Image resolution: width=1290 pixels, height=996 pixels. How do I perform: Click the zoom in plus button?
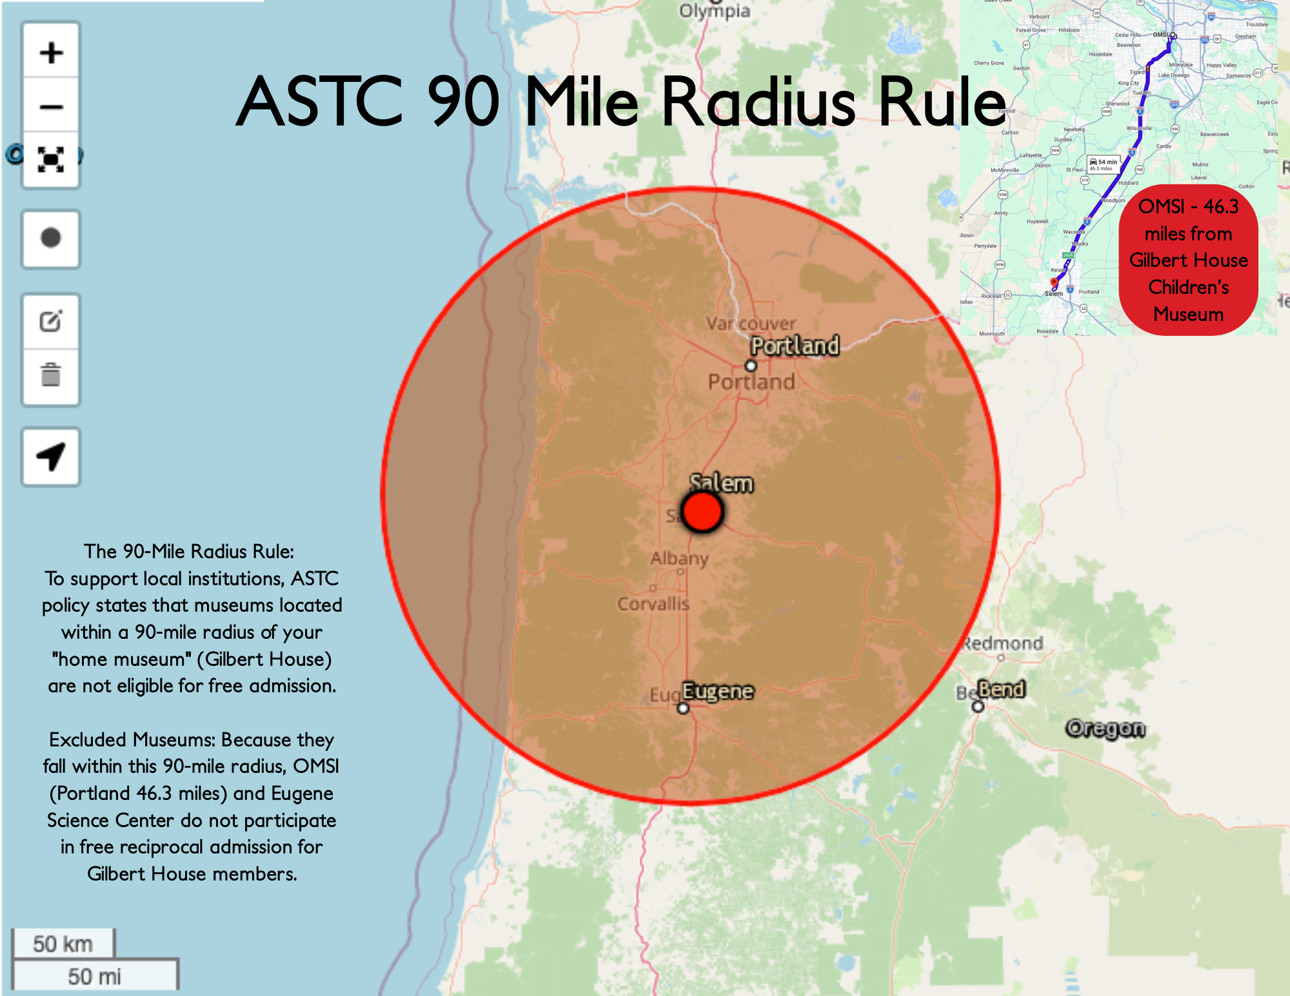(51, 52)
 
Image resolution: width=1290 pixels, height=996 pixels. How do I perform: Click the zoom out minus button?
(51, 106)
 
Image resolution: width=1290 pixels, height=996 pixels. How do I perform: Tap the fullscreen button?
(51, 159)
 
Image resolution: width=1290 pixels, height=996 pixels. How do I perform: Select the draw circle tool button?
(51, 238)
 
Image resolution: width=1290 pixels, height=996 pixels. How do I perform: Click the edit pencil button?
(51, 321)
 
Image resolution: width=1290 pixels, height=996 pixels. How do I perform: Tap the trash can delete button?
(51, 375)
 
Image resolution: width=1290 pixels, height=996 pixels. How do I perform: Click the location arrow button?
(51, 456)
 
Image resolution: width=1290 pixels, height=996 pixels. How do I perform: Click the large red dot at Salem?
(702, 512)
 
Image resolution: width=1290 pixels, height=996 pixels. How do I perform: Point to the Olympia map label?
(715, 12)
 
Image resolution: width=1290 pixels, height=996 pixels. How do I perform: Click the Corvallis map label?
(653, 604)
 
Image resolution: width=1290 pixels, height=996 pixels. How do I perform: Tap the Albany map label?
(679, 558)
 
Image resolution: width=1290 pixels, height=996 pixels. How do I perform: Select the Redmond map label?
(1003, 643)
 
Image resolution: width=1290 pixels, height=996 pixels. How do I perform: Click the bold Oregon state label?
(1106, 728)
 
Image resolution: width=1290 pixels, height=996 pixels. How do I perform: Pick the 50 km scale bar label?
(63, 944)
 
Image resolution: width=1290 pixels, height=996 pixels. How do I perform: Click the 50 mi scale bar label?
(94, 976)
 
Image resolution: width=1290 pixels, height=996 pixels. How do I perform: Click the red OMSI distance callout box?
(1188, 260)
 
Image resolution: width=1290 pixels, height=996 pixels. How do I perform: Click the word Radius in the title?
(759, 102)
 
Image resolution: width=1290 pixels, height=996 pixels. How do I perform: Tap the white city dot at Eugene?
(683, 708)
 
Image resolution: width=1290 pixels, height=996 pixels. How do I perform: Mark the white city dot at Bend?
(978, 707)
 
